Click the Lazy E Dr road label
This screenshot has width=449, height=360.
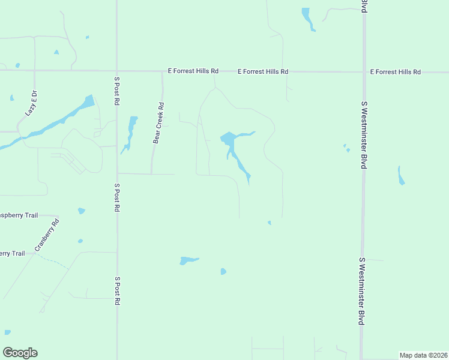31,103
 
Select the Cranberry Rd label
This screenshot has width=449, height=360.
47,235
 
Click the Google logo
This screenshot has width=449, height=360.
20,353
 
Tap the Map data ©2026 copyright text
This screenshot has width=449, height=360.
423,355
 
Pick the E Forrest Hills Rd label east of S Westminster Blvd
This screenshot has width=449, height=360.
395,72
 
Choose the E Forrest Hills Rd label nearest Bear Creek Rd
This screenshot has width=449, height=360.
193,71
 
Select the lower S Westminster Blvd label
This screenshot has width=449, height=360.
362,291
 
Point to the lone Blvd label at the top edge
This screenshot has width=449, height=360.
364,6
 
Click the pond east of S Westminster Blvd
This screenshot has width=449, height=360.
401,175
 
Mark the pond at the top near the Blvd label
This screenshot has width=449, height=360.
307,18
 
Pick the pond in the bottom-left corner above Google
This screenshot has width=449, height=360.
7,332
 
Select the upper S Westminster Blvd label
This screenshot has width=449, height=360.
363,134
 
